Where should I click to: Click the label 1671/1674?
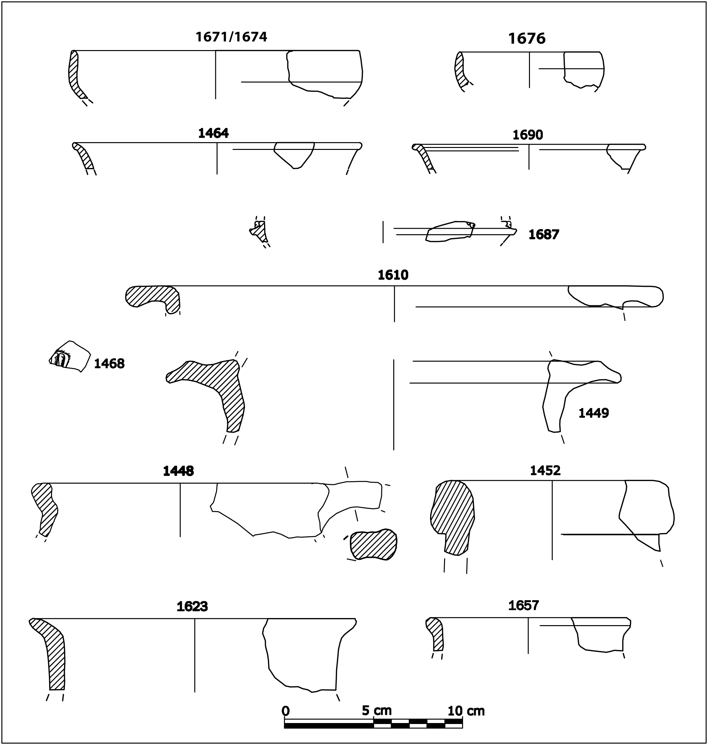[x=231, y=37]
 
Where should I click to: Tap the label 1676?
[x=527, y=39]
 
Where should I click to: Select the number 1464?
[x=213, y=133]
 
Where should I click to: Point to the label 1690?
[x=528, y=135]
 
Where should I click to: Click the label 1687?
[x=544, y=235]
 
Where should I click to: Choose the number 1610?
[x=393, y=275]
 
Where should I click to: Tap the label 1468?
[x=109, y=364]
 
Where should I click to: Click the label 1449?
[x=594, y=413]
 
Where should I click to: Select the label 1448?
[x=178, y=471]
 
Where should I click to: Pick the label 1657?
[x=523, y=606]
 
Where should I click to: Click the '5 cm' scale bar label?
[x=377, y=711]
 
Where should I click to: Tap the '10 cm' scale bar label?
[x=466, y=711]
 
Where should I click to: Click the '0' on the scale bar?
[x=286, y=711]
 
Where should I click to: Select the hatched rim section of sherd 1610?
[x=153, y=296]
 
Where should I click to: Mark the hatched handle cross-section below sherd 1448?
[x=373, y=545]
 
